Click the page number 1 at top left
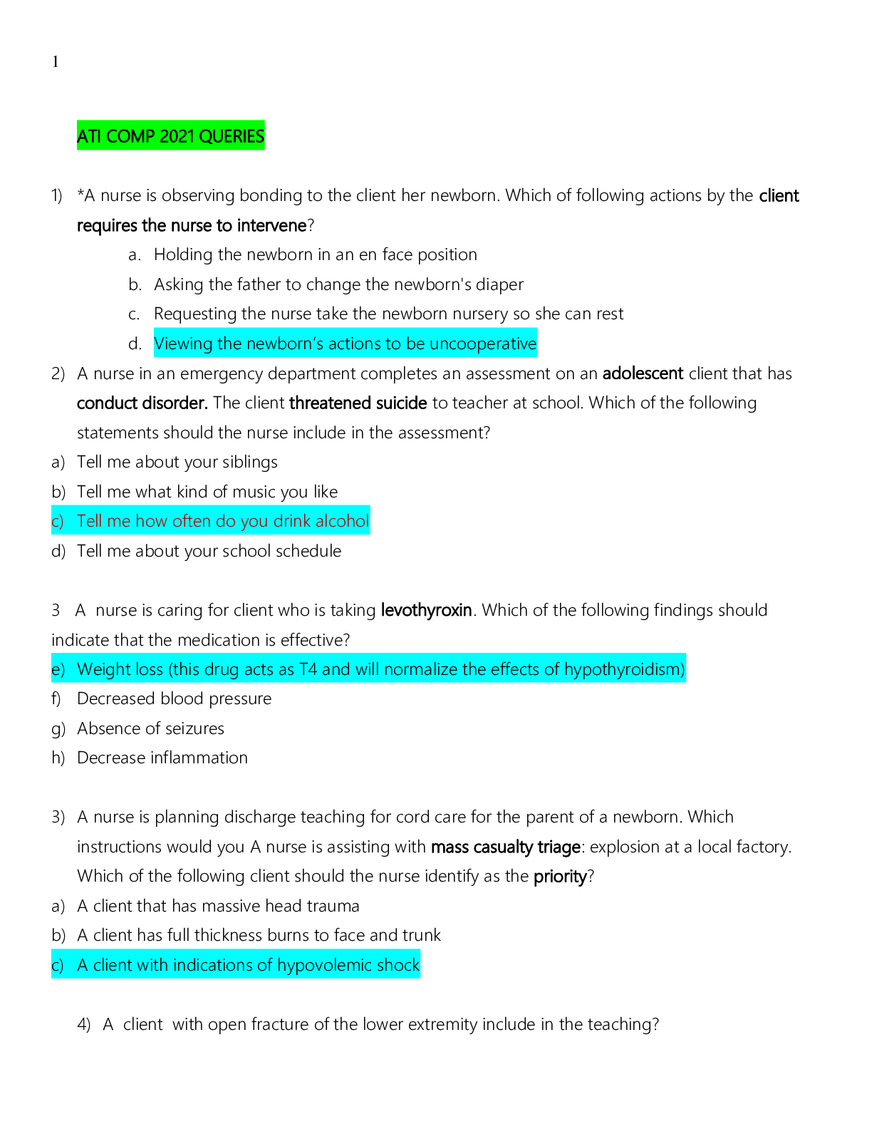click(x=55, y=63)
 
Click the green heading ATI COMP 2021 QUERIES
click(x=170, y=136)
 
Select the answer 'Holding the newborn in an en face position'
click(x=315, y=254)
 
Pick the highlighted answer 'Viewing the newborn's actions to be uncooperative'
click(x=345, y=344)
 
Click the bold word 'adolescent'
click(x=643, y=373)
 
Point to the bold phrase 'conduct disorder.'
click(x=142, y=403)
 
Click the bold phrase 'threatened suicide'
click(x=358, y=403)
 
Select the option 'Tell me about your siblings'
click(x=177, y=462)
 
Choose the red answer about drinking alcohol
click(x=222, y=521)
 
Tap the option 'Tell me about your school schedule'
click(x=209, y=551)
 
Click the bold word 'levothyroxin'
click(x=426, y=610)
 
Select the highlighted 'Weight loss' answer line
click(x=380, y=669)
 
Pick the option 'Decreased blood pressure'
click(x=174, y=698)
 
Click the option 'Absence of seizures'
click(x=150, y=728)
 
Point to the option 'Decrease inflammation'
click(x=162, y=758)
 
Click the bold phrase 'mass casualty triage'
click(x=505, y=847)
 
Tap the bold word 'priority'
click(x=559, y=876)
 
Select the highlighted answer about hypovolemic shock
click(x=248, y=965)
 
